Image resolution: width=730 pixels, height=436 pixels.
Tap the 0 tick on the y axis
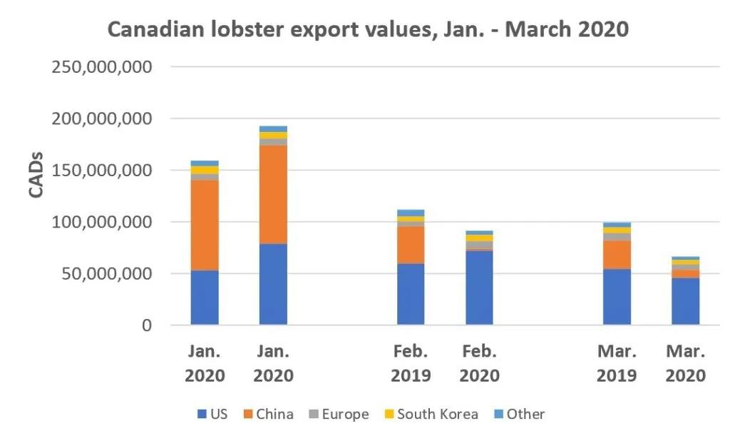tap(145, 325)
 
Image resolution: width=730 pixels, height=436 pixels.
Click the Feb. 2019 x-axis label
tap(411, 363)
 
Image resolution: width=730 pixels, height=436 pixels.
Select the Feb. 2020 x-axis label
tap(479, 363)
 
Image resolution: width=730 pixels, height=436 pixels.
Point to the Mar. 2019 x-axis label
tap(616, 363)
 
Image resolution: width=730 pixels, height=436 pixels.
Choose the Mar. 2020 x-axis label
tap(685, 363)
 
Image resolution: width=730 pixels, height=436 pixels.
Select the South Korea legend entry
tap(430, 414)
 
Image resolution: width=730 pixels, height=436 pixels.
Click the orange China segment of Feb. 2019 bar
tap(411, 245)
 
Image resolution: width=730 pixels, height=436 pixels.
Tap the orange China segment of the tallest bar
tap(273, 195)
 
